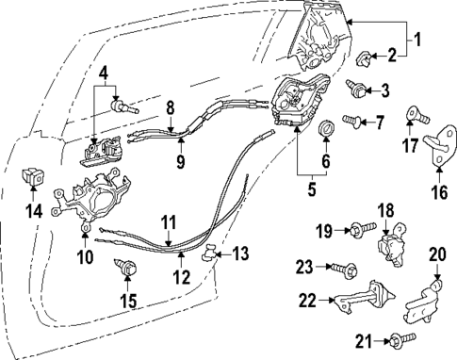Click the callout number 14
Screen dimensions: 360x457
[x=33, y=210]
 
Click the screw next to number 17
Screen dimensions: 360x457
[x=412, y=116]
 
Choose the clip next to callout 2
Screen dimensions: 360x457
[x=367, y=60]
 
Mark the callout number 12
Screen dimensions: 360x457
[x=182, y=278]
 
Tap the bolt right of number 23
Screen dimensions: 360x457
[x=341, y=268]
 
